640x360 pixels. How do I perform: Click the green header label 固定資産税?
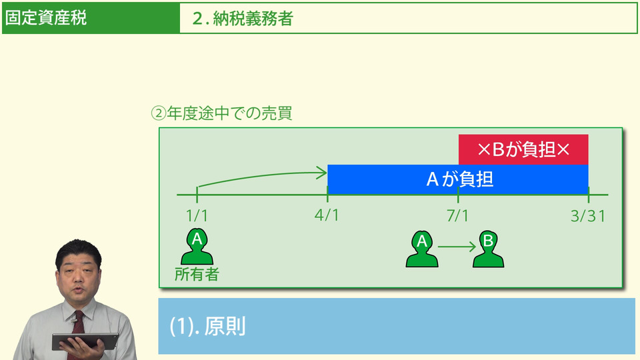[46, 19]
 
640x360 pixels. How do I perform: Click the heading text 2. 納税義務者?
[243, 19]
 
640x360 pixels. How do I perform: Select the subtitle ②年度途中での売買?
[222, 113]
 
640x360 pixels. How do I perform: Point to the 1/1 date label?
[197, 216]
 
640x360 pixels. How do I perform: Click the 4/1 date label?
[327, 216]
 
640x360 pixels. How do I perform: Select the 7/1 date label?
[458, 216]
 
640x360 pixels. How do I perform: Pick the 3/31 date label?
[588, 216]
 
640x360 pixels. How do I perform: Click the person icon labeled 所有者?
[197, 247]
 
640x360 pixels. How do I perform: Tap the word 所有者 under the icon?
[197, 274]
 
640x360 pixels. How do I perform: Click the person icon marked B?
[488, 249]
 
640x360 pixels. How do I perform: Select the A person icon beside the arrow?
[422, 249]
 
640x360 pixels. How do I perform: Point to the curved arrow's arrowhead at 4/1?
[323, 173]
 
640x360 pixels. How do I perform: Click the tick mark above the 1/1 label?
[197, 195]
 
